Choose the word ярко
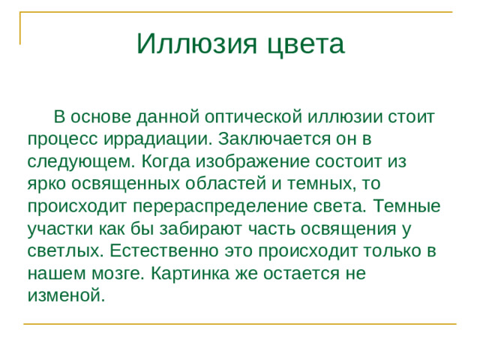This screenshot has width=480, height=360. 49,184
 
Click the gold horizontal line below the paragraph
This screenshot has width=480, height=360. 240,324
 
